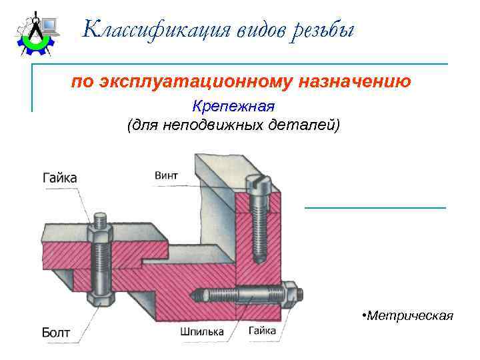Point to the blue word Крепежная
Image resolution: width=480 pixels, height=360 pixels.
233,106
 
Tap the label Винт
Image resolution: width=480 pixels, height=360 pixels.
166,175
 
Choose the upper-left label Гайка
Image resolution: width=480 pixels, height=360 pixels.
59,178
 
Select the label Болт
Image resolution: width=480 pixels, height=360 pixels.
56,331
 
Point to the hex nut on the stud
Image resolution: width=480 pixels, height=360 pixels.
289,293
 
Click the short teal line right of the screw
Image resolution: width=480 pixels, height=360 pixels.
375,208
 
